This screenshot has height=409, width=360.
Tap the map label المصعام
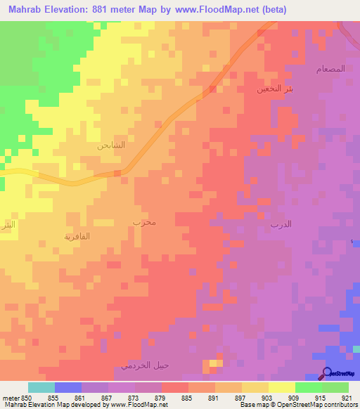pyautogui.click(x=330, y=69)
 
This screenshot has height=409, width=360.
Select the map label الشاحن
pyautogui.click(x=111, y=146)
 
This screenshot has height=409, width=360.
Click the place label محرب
pyautogui.click(x=143, y=223)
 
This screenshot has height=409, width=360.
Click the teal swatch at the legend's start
pyautogui.click(x=41, y=387)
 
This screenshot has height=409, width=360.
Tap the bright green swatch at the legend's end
pyautogui.click(x=335, y=387)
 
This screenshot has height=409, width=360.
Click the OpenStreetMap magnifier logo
pyautogui.click(x=328, y=374)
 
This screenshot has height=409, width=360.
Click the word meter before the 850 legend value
pyautogui.click(x=10, y=398)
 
